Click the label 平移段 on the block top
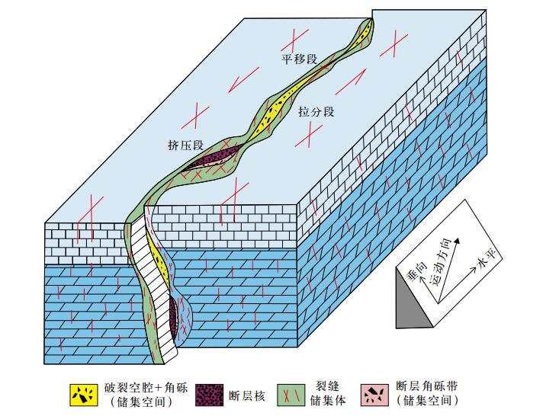298,58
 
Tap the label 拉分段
316,111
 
